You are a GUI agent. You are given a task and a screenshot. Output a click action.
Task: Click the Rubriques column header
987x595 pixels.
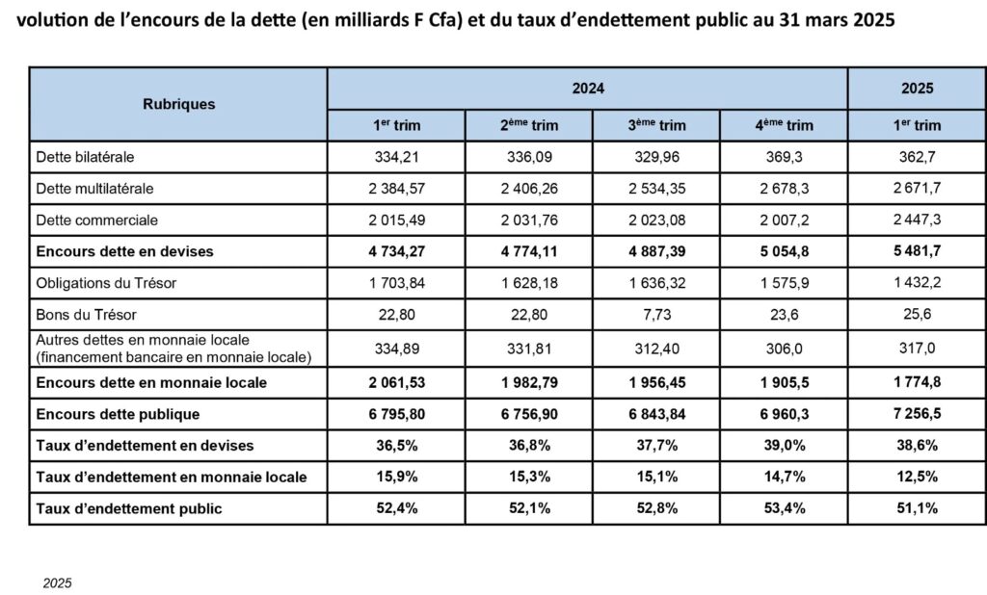178,104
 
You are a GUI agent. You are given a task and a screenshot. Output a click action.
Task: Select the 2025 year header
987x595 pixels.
918,88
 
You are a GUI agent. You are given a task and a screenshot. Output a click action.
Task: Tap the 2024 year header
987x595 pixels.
588,88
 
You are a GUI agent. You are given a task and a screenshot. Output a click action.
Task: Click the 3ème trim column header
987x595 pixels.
656,125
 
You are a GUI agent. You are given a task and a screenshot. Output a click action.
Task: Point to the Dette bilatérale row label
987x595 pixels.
85,157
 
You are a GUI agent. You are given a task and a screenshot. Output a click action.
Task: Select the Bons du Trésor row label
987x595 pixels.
86,315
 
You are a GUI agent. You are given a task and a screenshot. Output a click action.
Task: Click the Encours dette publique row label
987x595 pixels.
118,415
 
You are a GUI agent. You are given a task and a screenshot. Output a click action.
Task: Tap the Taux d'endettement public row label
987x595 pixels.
129,509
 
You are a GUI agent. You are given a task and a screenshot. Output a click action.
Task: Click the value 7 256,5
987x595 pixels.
918,414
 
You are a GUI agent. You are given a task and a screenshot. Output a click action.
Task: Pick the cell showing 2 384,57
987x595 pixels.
396,189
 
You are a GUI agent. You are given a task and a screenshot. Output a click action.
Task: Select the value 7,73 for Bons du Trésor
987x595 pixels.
657,315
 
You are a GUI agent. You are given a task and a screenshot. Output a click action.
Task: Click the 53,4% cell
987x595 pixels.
785,508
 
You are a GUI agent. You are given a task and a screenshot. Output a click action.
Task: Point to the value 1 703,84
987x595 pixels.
396,283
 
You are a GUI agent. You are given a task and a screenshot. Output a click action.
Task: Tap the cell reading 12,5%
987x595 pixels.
918,477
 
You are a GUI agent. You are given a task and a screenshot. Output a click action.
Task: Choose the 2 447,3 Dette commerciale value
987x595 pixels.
918,220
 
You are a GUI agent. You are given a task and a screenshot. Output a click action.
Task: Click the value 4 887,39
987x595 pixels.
657,251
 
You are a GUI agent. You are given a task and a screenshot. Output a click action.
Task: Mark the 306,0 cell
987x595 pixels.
785,349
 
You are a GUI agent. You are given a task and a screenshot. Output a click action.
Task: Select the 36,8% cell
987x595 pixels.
529,446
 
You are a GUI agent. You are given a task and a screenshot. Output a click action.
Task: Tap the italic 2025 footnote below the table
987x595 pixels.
57,583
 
